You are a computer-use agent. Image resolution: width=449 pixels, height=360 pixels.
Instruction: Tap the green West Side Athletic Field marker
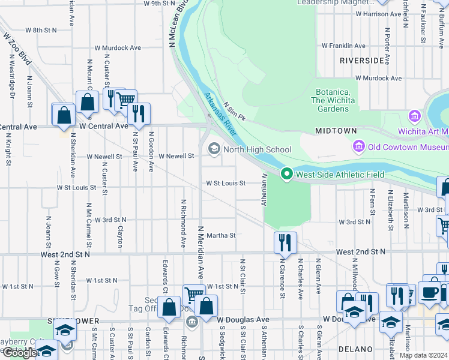287,175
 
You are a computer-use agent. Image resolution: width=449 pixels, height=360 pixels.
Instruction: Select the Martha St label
221,236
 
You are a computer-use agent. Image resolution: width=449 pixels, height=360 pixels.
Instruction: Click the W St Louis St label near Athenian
226,183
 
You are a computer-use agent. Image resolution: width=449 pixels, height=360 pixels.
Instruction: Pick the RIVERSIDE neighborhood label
361,61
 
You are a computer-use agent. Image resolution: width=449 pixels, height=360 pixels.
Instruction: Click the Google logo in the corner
20,353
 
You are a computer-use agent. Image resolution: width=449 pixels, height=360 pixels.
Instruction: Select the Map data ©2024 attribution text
423,355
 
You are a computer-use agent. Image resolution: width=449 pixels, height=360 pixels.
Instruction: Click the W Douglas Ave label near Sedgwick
243,319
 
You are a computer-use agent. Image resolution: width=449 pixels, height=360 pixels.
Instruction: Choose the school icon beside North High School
214,149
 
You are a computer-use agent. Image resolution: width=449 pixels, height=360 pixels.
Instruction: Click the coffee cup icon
429,292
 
